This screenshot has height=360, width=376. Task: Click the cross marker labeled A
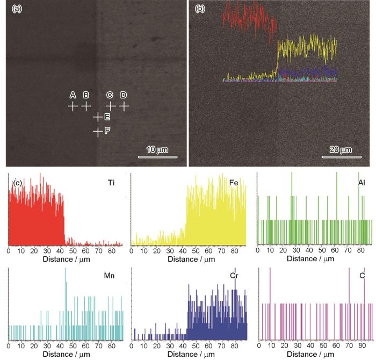pyautogui.click(x=73, y=106)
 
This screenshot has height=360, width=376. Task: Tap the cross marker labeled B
pyautogui.click(x=86, y=106)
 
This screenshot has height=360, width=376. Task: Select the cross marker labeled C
pyautogui.click(x=111, y=106)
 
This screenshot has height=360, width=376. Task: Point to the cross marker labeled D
pyautogui.click(x=124, y=106)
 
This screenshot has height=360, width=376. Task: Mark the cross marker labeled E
pyautogui.click(x=98, y=117)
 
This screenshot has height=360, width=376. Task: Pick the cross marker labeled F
pyautogui.click(x=98, y=131)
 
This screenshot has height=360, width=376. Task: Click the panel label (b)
pyautogui.click(x=199, y=9)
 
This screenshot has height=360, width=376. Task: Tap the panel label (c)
pyautogui.click(x=17, y=183)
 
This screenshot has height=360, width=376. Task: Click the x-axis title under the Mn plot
pyautogui.click(x=66, y=354)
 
